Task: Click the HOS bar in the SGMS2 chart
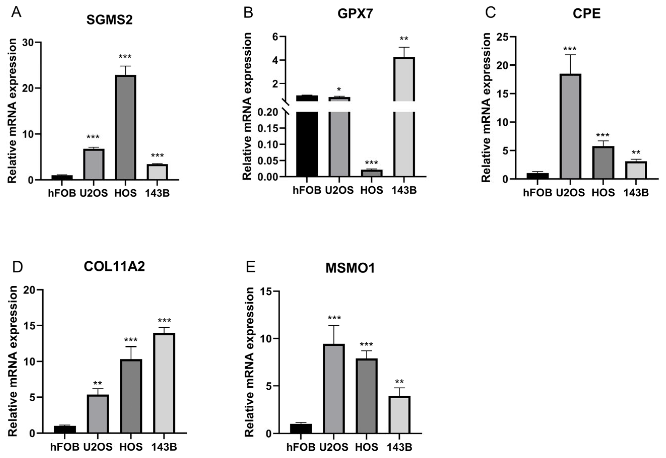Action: (125, 127)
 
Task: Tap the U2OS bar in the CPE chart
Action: (570, 126)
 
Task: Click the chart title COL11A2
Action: (114, 267)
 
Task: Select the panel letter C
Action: (490, 13)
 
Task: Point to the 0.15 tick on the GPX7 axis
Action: (268, 128)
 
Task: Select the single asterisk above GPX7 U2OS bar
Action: (339, 89)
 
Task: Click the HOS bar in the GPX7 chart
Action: (372, 173)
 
